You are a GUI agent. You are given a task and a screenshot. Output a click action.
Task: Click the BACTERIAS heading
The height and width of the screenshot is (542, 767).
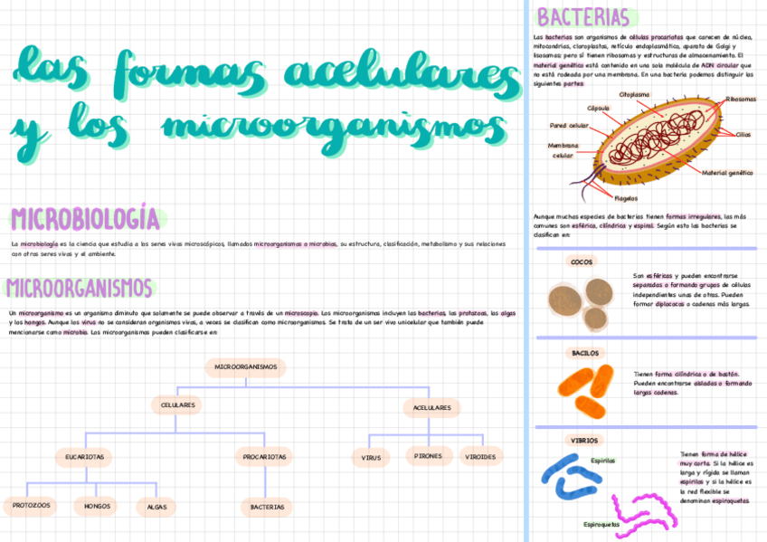pyautogui.click(x=582, y=17)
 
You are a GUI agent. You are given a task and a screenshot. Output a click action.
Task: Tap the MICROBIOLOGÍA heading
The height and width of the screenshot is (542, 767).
pyautogui.click(x=85, y=219)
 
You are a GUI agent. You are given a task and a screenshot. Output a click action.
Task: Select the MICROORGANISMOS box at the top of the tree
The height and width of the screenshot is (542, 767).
pyautogui.click(x=245, y=366)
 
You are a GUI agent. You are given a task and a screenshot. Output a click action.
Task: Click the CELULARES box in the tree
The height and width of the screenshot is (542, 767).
pyautogui.click(x=178, y=405)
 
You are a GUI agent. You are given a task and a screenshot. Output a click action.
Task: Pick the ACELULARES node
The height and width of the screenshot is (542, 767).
pyautogui.click(x=432, y=407)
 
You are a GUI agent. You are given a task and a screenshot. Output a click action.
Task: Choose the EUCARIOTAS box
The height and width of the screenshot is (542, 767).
pyautogui.click(x=84, y=457)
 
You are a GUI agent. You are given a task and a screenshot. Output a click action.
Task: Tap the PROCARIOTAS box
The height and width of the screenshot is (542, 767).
pyautogui.click(x=265, y=457)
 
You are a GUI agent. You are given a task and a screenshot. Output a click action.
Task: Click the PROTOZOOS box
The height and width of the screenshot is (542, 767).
pyautogui.click(x=31, y=505)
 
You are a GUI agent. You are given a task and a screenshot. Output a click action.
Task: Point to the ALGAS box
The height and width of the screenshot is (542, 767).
pyautogui.click(x=156, y=507)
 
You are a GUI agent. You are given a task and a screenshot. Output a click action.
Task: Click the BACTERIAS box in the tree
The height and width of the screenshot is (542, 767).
pyautogui.click(x=267, y=507)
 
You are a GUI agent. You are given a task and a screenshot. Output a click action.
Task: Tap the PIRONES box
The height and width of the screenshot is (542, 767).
pyautogui.click(x=428, y=456)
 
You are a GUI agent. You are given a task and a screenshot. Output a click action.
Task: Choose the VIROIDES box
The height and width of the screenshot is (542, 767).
pyautogui.click(x=480, y=457)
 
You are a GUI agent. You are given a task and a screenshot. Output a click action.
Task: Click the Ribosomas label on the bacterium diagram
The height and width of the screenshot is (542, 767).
pyautogui.click(x=741, y=100)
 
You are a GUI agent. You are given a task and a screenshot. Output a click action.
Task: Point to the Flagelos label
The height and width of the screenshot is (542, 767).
pyautogui.click(x=626, y=198)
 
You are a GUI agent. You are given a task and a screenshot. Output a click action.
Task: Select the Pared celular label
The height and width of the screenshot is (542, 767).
pyautogui.click(x=569, y=126)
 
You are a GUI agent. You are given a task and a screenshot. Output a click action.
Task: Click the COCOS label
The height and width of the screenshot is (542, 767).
pyautogui.click(x=582, y=261)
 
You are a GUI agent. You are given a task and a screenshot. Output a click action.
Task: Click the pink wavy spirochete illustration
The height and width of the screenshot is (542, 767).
pyautogui.click(x=644, y=510)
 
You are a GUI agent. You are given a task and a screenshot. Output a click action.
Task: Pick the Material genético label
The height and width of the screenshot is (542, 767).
pyautogui.click(x=727, y=172)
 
